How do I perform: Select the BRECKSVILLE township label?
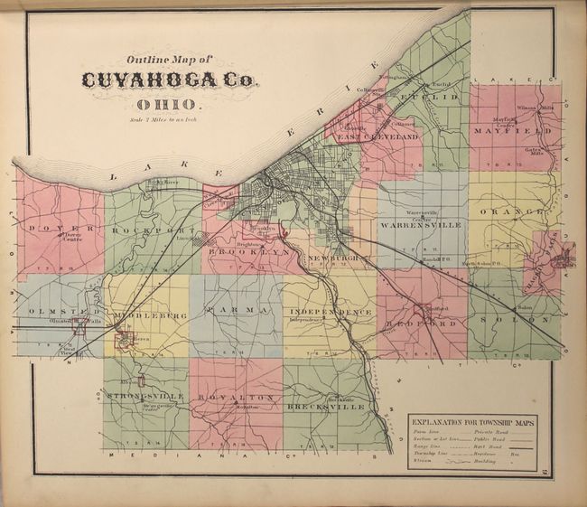coord(324,407)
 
